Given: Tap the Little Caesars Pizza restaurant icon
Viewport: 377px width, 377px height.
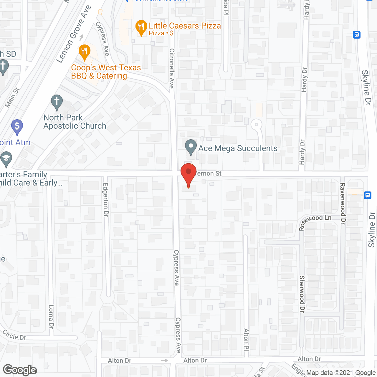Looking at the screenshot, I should pos(141,27).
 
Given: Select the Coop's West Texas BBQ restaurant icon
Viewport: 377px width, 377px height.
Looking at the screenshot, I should pos(85,52).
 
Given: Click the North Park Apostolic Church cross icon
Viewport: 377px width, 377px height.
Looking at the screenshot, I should pos(57,102).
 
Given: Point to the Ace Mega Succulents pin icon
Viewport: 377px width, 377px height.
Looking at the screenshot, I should pos(191,147).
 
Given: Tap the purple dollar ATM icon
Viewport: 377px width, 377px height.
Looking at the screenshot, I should pos(17,127).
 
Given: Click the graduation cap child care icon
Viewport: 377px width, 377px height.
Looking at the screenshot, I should pos(6,159).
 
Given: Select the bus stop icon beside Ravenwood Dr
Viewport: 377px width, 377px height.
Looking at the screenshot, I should pos(367,195).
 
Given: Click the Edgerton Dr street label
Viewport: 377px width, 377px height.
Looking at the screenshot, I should pos(106,200).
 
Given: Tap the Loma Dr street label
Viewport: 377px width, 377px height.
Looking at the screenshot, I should pos(51,317).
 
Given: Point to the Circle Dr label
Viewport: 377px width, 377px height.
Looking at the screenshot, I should pos(14,335).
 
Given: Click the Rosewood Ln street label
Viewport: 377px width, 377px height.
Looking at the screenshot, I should pos(315,221).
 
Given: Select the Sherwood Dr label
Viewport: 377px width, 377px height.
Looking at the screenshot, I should pos(302,294).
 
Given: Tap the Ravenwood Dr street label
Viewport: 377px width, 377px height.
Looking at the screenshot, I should pos(342,204).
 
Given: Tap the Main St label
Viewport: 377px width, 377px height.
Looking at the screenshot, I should pos(12,97).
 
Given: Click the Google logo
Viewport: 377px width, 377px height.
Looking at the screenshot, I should pos(20,370).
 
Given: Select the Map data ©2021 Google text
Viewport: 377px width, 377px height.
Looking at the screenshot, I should pos(341,373).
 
